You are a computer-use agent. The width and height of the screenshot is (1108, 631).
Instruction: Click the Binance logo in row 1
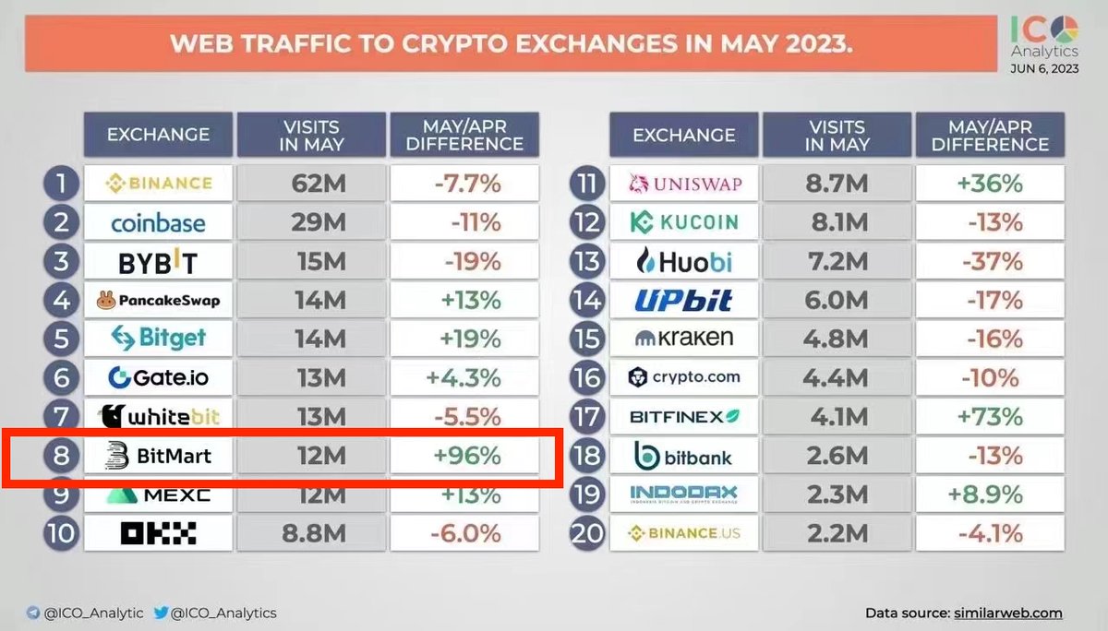tap(158, 184)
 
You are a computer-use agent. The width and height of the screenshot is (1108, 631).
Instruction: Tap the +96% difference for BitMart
tap(464, 455)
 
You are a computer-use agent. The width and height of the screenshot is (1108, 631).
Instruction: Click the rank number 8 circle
tap(60, 455)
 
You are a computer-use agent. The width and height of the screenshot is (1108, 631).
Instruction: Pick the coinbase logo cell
tap(158, 222)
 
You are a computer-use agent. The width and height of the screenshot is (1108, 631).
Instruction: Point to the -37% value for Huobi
tap(990, 262)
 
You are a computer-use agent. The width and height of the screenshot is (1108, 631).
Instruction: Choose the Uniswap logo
tap(684, 185)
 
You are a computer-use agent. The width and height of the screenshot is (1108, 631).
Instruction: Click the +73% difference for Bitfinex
tap(990, 416)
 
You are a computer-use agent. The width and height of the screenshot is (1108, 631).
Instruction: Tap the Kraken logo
tap(684, 339)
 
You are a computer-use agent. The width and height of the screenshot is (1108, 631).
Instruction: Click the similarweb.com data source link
tap(1008, 613)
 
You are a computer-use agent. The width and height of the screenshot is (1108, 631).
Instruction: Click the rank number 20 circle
tap(587, 533)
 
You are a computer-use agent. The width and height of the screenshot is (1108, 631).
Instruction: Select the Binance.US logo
tap(684, 533)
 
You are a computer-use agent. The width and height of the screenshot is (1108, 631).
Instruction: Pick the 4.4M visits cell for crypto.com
tap(838, 377)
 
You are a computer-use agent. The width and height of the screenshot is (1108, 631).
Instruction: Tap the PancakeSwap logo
tap(158, 300)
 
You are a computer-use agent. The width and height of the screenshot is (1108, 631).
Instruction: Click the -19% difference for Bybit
tap(464, 261)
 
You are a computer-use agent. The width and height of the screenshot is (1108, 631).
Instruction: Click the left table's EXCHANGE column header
tap(158, 135)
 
